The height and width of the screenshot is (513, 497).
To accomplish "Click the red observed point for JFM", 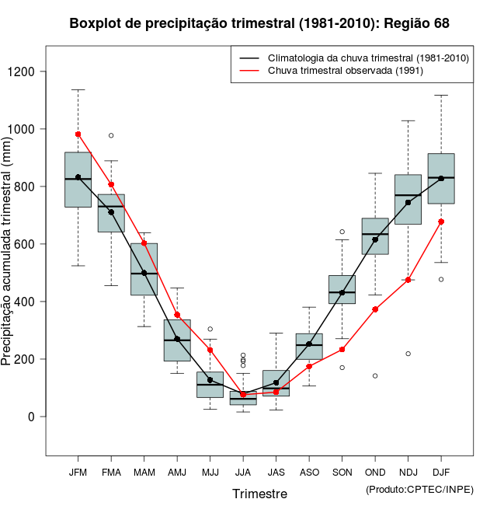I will click(x=78, y=134).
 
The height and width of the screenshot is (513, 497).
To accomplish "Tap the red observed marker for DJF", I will click(x=441, y=222).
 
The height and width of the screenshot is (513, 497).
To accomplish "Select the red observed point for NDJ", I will click(x=408, y=280).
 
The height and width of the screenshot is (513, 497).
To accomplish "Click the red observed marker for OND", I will click(x=375, y=309).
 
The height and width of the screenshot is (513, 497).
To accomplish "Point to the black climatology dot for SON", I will click(x=342, y=292).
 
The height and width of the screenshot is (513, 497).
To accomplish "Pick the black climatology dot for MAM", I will click(x=144, y=273).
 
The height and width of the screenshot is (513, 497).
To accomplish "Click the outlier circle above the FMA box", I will click(x=111, y=135).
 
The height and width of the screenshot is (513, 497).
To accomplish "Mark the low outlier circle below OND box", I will click(x=375, y=375).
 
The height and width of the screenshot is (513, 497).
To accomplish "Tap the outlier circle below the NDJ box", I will click(x=408, y=354).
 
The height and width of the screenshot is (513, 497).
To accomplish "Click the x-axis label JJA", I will click(x=243, y=472).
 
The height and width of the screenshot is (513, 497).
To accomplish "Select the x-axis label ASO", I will click(x=309, y=472).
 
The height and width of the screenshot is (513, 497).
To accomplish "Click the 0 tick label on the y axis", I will click(x=33, y=417).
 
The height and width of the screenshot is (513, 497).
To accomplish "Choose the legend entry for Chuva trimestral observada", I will click(x=345, y=72).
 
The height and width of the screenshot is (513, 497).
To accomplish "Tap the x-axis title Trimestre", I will click(x=259, y=494).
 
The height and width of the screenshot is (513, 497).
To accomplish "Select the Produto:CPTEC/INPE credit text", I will click(x=419, y=490).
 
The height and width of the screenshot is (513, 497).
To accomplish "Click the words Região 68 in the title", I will click(x=415, y=23).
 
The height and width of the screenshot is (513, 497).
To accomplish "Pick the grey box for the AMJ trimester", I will click(x=177, y=340).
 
